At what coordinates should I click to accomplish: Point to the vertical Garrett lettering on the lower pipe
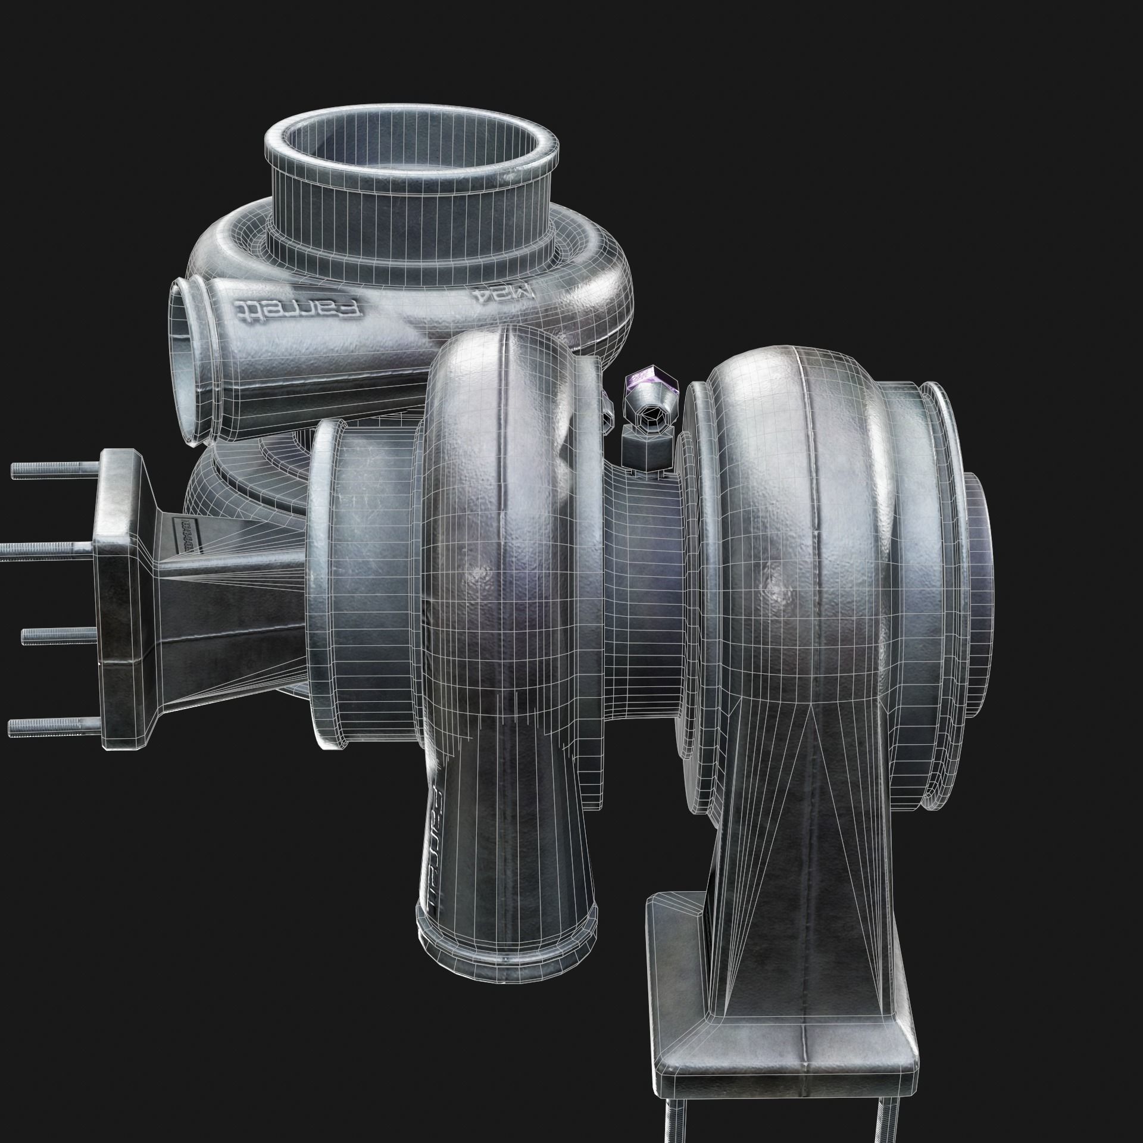433,833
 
